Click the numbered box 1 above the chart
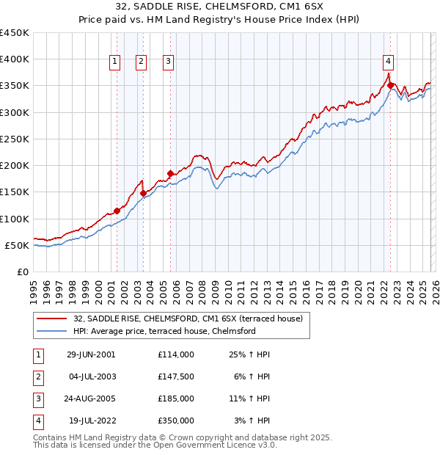116,62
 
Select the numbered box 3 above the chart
169,62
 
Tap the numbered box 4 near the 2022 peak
388,62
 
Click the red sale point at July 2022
391,86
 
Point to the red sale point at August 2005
170,174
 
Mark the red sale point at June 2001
117,211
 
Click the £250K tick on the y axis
15,139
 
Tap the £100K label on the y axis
15,219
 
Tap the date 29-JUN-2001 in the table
91,354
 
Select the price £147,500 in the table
175,376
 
